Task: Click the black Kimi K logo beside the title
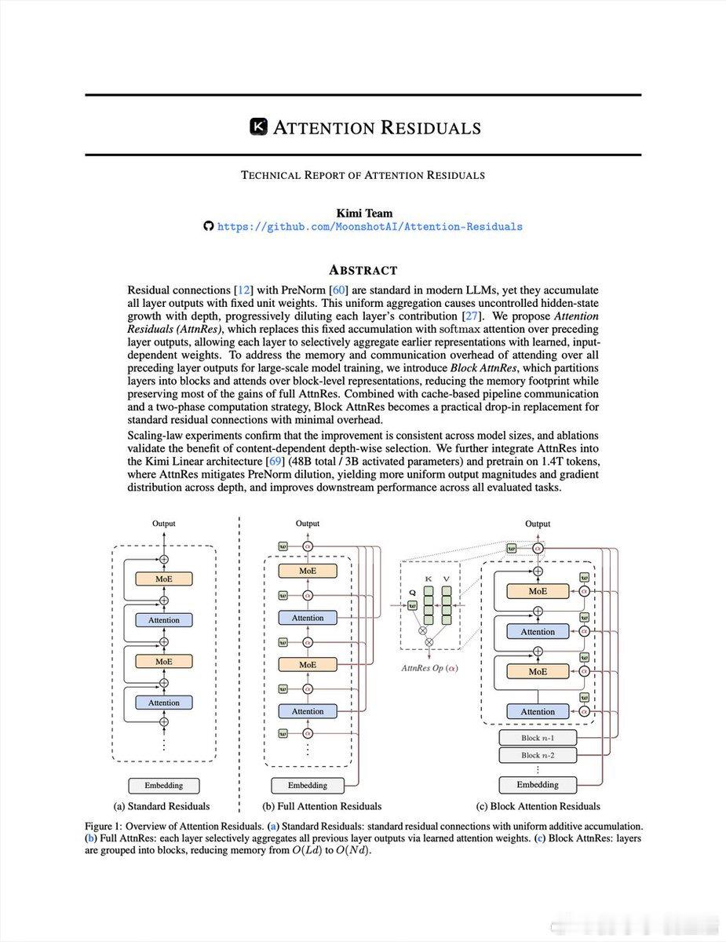click(x=258, y=127)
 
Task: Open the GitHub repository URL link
click(x=370, y=227)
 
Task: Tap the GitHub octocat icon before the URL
click(x=208, y=227)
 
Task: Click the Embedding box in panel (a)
click(x=163, y=785)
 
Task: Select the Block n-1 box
click(x=537, y=738)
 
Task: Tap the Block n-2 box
click(x=537, y=755)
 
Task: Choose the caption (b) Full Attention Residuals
click(x=322, y=806)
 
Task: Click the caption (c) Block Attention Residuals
click(x=538, y=806)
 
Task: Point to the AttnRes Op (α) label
click(x=429, y=667)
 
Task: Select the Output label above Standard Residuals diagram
click(x=163, y=524)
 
